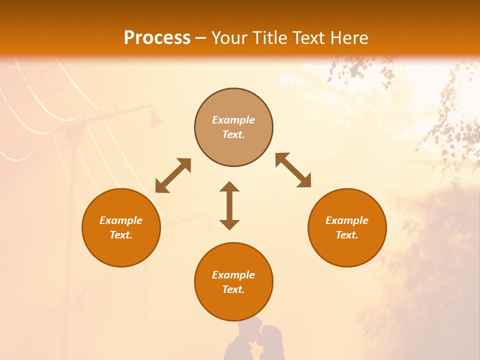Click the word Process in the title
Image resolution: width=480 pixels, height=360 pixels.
[x=157, y=38]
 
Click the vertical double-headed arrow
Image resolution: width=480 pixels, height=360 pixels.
[x=229, y=205]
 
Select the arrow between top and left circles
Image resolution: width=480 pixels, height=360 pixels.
[x=173, y=175]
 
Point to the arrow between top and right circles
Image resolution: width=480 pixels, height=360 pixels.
[x=293, y=170]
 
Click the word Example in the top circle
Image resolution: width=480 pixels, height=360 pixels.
[x=233, y=120]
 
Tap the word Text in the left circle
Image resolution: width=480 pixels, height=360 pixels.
[x=121, y=235]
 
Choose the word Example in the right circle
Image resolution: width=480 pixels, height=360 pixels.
[x=347, y=220]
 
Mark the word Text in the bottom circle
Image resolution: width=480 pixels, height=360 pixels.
[x=233, y=289]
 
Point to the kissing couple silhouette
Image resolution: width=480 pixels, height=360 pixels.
[x=254, y=340]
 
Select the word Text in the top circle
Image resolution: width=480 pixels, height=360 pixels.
[x=233, y=134]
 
